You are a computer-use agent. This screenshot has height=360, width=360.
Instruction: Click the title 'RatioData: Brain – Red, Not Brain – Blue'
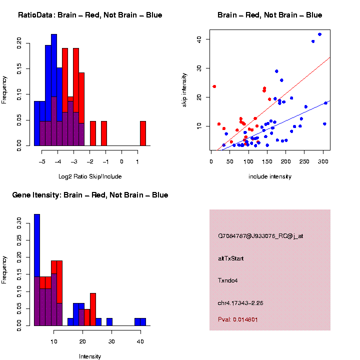pyautogui.click(x=90, y=15)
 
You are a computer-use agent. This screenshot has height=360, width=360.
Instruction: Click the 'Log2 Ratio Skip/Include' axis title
pyautogui.click(x=90, y=176)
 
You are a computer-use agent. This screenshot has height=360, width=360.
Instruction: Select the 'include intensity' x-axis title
pyautogui.click(x=270, y=176)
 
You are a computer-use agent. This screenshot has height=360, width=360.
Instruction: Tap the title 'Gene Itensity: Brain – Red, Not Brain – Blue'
pyautogui.click(x=90, y=195)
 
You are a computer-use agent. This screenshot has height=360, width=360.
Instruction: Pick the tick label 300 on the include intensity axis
pyautogui.click(x=323, y=161)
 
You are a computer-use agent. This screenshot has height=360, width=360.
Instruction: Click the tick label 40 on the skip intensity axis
pyautogui.click(x=199, y=39)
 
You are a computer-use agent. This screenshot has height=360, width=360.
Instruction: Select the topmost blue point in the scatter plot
pyautogui.click(x=319, y=34)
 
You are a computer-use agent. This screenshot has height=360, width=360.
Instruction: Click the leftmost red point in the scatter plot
pyautogui.click(x=214, y=86)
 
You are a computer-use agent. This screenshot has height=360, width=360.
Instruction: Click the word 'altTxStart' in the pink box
pyautogui.click(x=231, y=258)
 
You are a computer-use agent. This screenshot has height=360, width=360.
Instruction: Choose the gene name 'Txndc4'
pyautogui.click(x=228, y=280)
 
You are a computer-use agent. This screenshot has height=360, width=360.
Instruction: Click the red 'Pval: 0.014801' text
pyautogui.click(x=238, y=319)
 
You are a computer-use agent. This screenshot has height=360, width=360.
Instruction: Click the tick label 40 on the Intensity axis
pyautogui.click(x=140, y=341)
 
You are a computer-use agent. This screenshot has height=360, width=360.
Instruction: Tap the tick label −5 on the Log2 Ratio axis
pyautogui.click(x=41, y=161)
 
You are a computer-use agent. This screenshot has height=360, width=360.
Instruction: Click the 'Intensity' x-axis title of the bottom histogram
pyautogui.click(x=90, y=356)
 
